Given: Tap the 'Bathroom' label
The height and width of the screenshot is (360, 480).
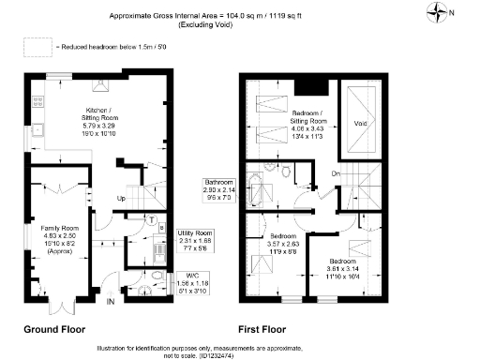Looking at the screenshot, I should [x=218, y=181].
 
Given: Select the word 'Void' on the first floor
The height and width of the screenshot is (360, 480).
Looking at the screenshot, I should [x=359, y=122].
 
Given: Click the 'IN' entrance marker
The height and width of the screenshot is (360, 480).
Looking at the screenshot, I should [x=111, y=302].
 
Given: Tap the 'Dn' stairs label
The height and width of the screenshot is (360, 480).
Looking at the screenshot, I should [x=334, y=174].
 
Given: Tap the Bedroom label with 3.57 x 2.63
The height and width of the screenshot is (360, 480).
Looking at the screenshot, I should [x=280, y=235].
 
